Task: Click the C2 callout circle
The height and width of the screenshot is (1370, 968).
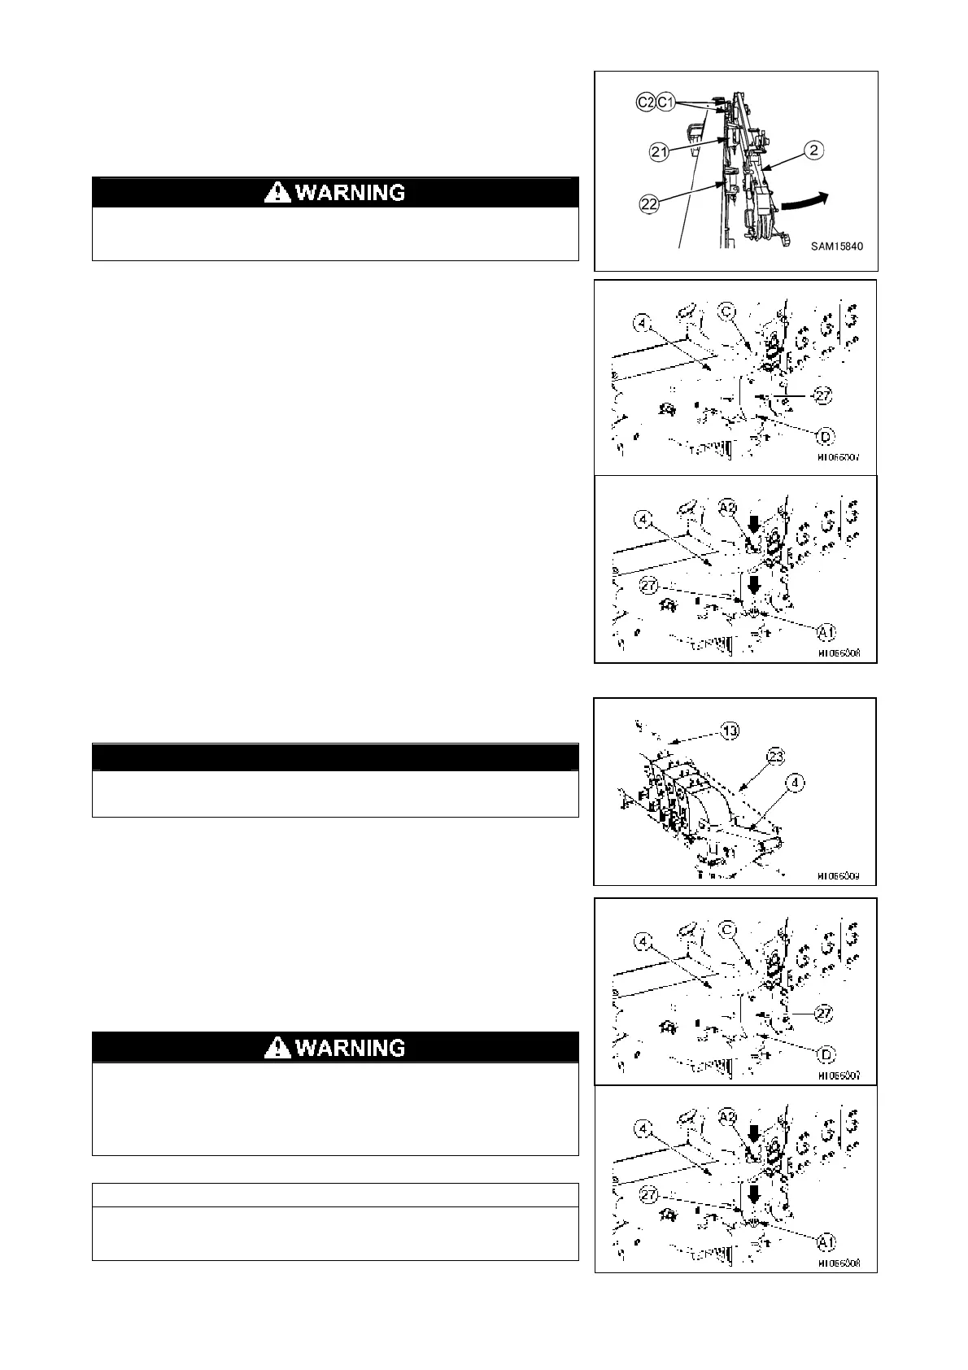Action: tap(646, 102)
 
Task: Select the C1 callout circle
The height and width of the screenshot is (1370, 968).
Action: tap(665, 102)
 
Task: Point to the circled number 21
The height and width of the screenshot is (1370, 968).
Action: tap(659, 151)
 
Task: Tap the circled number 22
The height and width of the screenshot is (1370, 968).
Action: tap(649, 205)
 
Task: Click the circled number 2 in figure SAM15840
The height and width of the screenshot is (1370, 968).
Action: tap(815, 150)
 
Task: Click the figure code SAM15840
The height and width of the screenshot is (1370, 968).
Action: tap(836, 245)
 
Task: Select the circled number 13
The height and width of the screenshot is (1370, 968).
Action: tap(730, 731)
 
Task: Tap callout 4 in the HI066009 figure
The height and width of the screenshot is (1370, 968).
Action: tap(796, 783)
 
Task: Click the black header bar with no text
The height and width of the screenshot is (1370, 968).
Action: tap(335, 757)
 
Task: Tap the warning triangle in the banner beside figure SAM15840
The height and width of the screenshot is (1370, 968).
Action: tap(278, 193)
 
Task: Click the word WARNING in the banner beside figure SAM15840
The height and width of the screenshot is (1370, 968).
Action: tap(350, 193)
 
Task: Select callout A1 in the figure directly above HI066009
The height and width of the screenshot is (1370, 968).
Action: tap(826, 631)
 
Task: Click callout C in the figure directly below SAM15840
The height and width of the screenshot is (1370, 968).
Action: tap(728, 312)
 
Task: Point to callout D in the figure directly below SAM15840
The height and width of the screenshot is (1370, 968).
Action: tap(825, 438)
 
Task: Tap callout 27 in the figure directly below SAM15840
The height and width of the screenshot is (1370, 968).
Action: tap(823, 396)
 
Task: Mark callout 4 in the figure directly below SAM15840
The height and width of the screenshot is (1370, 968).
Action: tap(644, 323)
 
